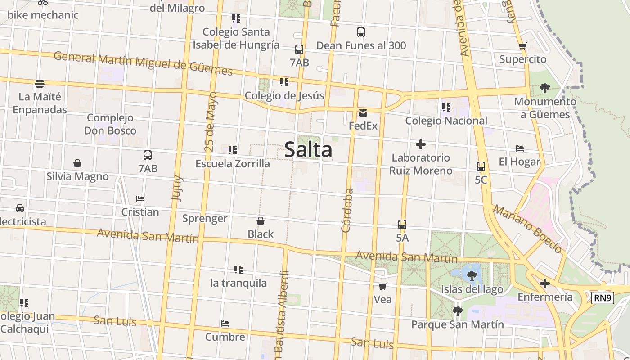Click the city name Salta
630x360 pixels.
[x=308, y=150]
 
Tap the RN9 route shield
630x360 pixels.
[x=603, y=297]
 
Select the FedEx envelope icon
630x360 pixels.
[x=363, y=113]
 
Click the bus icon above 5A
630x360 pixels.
[x=402, y=224]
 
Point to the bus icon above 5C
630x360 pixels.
[x=481, y=166]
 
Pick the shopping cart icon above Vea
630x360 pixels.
[x=383, y=286]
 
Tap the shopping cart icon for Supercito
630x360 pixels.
[x=522, y=46]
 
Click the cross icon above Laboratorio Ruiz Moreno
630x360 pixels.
[x=421, y=144]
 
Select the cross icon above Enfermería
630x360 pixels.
[x=545, y=283]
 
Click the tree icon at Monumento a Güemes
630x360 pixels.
[x=544, y=88]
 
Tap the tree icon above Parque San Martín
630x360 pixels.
[x=457, y=311]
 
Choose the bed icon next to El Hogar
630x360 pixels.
[x=520, y=148]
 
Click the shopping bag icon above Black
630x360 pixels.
[x=261, y=221]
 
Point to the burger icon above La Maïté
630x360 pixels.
[x=40, y=83]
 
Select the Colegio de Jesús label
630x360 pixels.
[x=284, y=95]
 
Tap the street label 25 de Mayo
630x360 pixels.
[x=210, y=121]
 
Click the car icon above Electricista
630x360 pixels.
[x=20, y=208]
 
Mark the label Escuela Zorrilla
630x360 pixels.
[x=233, y=164]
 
